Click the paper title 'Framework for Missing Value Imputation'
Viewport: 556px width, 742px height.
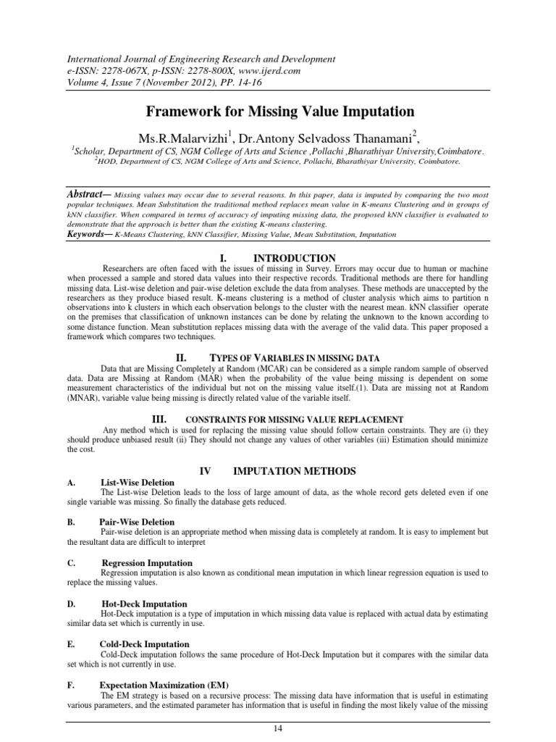coord(280,112)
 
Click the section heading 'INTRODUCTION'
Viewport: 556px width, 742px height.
coord(294,258)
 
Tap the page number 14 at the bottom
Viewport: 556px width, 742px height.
coord(278,728)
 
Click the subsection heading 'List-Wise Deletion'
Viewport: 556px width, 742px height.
coord(138,482)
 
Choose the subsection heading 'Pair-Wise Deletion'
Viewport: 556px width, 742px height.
coord(137,522)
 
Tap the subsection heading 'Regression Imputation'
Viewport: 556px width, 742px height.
coord(147,563)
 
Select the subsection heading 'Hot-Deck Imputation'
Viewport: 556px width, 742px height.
coord(144,604)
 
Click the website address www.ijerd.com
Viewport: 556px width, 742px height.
coord(244,71)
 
